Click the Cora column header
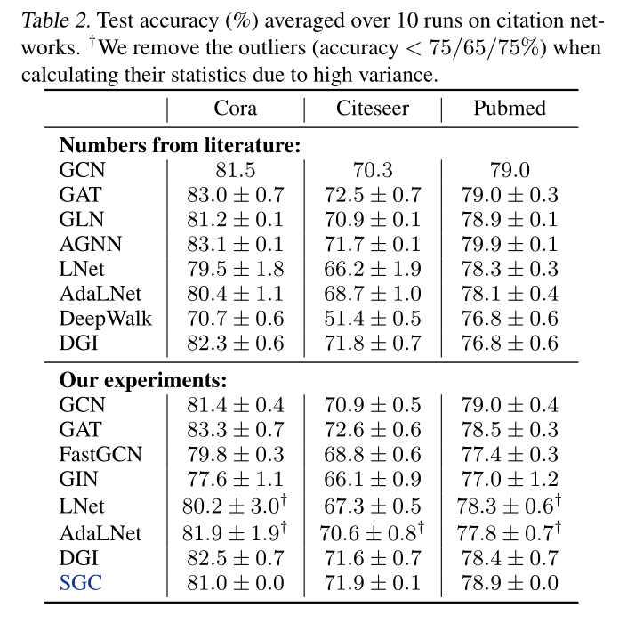(236, 109)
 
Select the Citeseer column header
(373, 109)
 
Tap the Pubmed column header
(510, 109)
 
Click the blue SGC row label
(81, 583)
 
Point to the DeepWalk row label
(105, 318)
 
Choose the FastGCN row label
(100, 455)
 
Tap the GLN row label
(82, 218)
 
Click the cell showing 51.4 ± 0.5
(373, 318)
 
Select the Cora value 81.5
(236, 169)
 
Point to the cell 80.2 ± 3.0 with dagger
(235, 506)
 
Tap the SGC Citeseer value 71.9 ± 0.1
(373, 583)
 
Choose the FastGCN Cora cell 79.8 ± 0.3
(235, 455)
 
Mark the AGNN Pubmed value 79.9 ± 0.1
(510, 243)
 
